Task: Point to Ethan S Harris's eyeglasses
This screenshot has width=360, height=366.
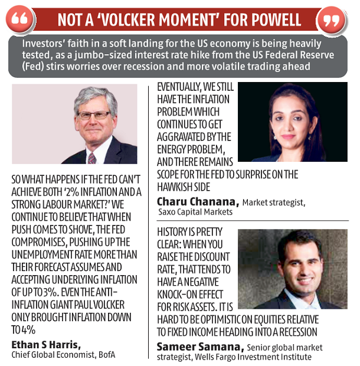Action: (94, 116)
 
